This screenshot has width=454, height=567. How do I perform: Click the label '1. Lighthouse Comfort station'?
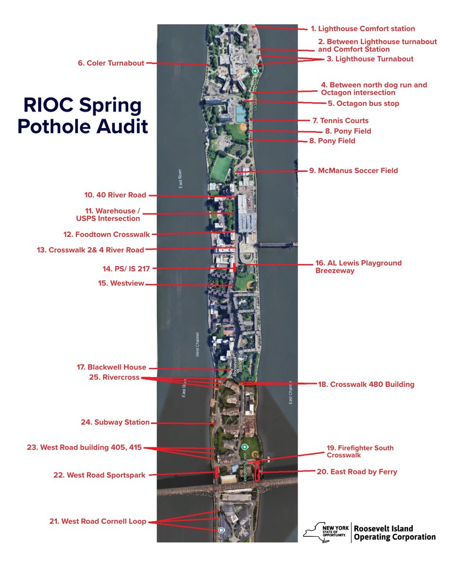coord(366,28)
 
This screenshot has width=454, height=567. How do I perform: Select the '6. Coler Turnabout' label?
coord(111,63)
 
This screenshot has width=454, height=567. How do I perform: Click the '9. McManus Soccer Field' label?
coord(354,170)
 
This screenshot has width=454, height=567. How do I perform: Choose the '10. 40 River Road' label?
coord(115,195)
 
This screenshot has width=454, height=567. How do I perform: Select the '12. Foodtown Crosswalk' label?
coord(106,234)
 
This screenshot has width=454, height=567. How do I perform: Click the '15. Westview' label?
coord(121,283)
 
